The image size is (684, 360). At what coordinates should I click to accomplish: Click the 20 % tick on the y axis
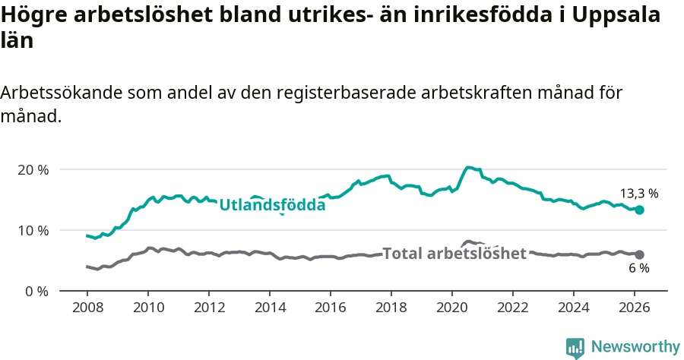32,169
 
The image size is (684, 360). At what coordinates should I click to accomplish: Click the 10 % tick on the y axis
32,230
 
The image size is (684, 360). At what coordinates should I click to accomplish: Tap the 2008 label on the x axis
87,308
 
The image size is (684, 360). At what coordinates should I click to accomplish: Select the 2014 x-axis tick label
269,308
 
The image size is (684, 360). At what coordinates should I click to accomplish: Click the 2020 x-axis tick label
452,308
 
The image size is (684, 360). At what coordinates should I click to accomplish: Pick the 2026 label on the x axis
635,308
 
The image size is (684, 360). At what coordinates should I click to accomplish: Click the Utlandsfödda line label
272,204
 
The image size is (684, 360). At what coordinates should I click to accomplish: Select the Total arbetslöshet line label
454,253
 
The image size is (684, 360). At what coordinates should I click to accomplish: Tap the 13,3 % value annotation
638,194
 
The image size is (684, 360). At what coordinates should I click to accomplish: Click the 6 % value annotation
638,269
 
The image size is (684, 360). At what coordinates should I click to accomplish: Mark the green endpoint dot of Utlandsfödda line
639,210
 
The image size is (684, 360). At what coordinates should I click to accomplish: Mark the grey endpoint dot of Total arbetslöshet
639,254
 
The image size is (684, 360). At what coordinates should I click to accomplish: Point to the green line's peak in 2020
469,167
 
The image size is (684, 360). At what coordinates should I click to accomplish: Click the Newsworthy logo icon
575,347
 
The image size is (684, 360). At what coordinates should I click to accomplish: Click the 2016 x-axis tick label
331,308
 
